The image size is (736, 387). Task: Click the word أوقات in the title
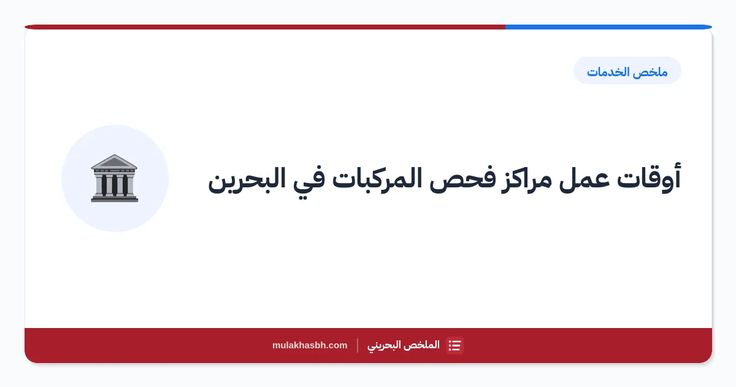[x=649, y=178]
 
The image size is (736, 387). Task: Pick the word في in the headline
[x=309, y=182]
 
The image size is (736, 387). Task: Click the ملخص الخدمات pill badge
[x=627, y=71]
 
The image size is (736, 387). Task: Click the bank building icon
[x=114, y=178]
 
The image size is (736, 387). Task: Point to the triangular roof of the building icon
[x=114, y=161]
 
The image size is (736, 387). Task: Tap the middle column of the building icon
[x=115, y=185]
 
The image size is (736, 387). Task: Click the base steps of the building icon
[x=114, y=198]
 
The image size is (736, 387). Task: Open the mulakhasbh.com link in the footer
[x=310, y=345]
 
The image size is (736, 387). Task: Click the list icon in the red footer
[x=454, y=345]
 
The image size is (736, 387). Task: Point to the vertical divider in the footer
[x=358, y=345]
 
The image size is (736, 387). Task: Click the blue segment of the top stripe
[x=609, y=27]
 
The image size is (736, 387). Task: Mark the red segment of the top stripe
[x=265, y=27]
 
